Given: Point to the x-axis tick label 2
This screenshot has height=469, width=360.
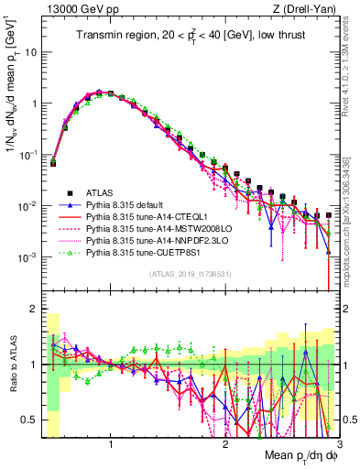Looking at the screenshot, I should click(225, 444).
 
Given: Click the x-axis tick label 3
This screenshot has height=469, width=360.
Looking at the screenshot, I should click(339, 444).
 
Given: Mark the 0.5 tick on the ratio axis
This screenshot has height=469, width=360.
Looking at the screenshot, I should click(31, 420).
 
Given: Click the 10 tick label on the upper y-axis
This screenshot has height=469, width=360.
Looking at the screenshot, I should click(31, 51).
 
